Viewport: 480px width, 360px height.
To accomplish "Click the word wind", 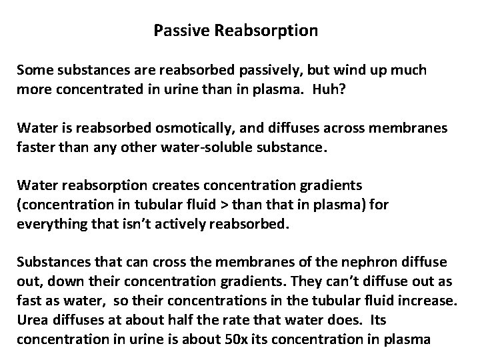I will [x=351, y=69].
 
